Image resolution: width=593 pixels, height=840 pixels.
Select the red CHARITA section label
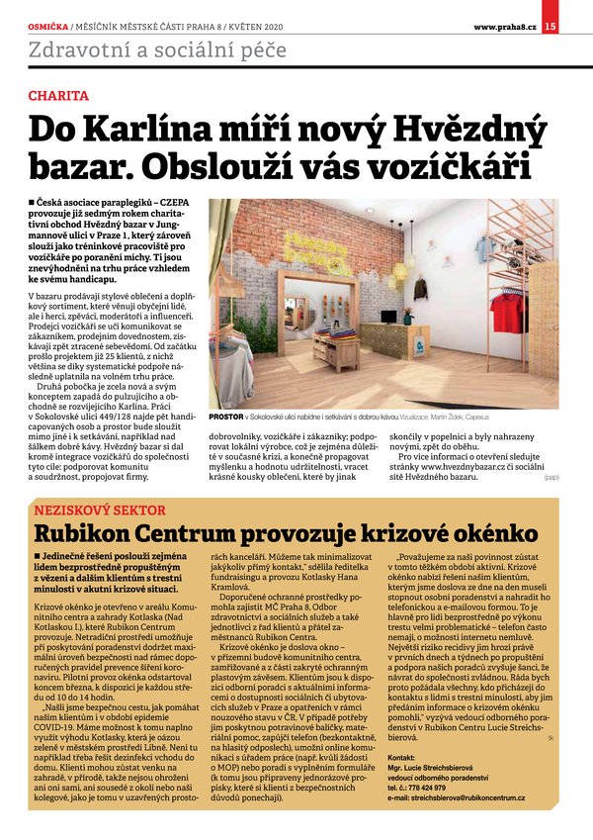tap(58, 96)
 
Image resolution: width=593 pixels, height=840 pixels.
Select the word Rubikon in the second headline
tap(91, 535)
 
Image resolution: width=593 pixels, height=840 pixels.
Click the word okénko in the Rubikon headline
tap(483, 535)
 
